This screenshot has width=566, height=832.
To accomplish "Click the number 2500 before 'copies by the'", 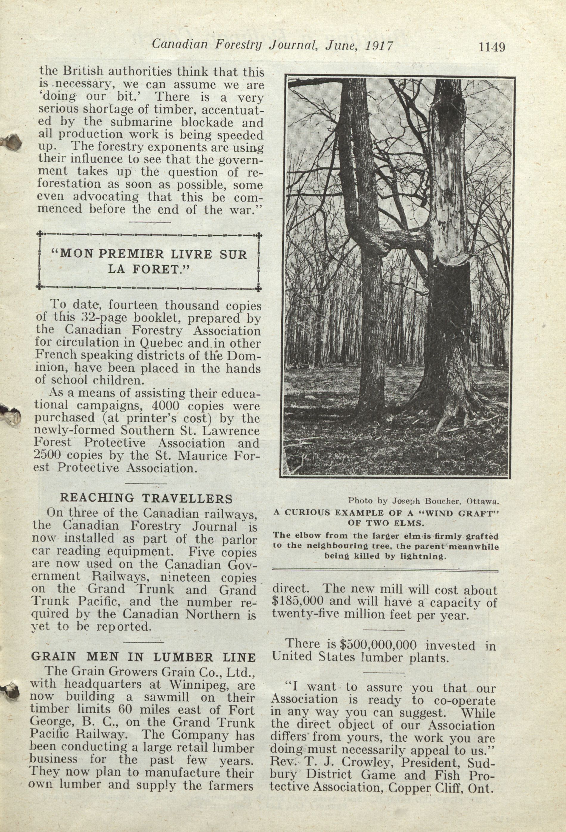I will pyautogui.click(x=49, y=455).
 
